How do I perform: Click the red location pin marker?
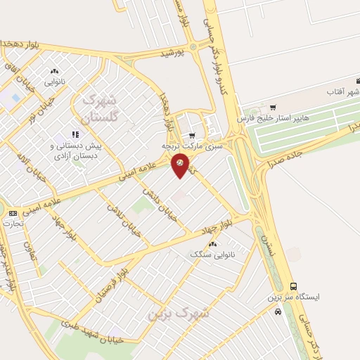click(181, 165)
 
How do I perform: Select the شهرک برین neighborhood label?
click(169, 314)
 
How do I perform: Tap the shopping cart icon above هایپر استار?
click(273, 108)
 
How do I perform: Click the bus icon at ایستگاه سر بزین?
click(293, 286)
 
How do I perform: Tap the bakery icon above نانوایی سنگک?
click(213, 244)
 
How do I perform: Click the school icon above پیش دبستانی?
click(75, 134)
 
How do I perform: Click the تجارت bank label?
click(13, 223)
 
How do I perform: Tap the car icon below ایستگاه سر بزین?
click(278, 311)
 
